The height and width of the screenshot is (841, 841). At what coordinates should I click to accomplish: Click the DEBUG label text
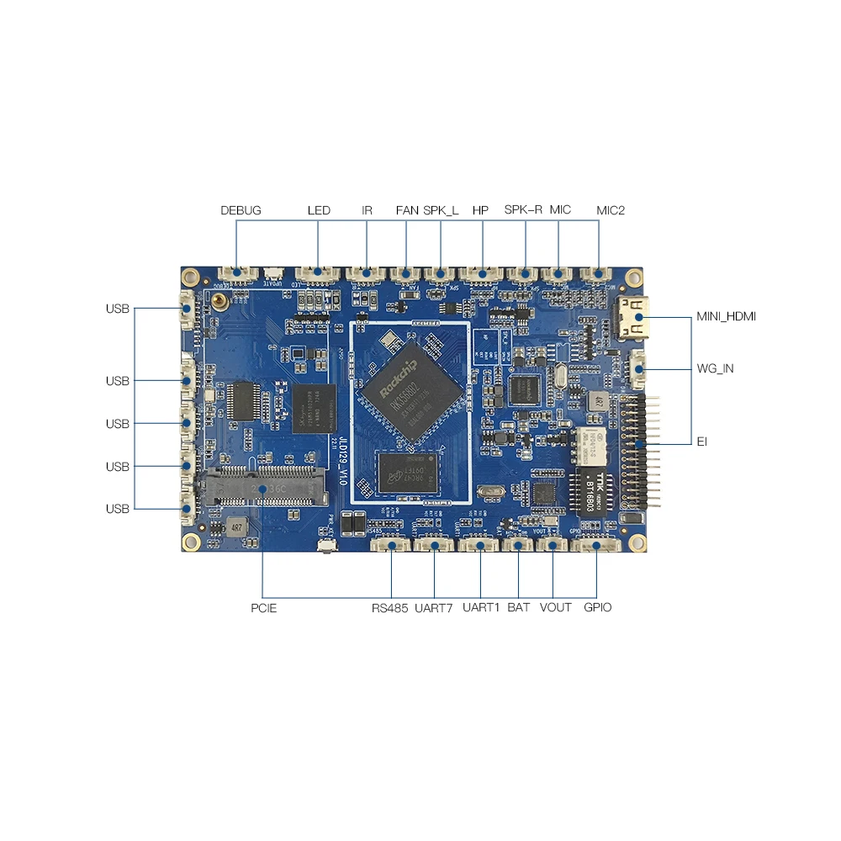point(241,210)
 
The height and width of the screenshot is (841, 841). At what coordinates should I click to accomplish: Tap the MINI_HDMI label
point(726,317)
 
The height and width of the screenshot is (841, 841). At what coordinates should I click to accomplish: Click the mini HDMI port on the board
point(637,318)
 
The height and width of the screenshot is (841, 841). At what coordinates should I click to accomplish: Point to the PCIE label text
point(262,607)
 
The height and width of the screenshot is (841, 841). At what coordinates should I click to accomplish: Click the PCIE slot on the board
point(262,488)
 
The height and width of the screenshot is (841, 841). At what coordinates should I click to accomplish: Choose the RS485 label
point(390,607)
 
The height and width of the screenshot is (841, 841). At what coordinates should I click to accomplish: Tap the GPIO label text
point(597,607)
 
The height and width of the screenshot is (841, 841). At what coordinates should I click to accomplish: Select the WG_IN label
point(715,368)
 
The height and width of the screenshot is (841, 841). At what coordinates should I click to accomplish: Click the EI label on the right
point(702,441)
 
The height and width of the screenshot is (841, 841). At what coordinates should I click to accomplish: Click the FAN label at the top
point(407,210)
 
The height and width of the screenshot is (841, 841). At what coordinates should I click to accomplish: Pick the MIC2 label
point(611,210)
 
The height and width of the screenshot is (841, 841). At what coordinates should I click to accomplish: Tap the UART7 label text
point(434,607)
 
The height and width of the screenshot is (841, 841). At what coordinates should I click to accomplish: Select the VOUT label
point(555,607)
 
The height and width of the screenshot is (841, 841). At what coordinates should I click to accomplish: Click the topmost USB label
point(118,309)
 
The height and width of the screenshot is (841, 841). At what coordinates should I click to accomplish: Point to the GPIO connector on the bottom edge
point(596,546)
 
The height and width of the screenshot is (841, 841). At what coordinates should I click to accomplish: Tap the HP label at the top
point(480,210)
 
